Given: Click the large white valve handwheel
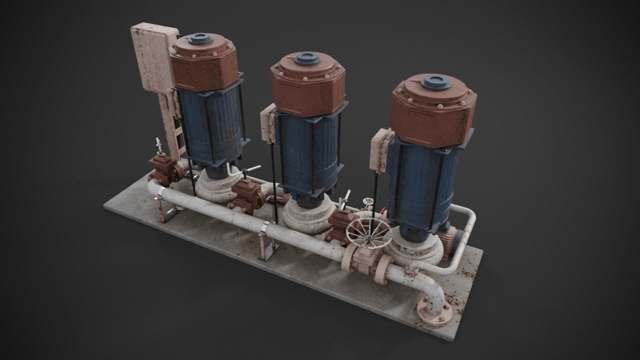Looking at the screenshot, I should click(x=369, y=232).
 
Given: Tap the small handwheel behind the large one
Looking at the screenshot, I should click(x=368, y=202).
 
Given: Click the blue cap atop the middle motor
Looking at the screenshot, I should click(x=306, y=58).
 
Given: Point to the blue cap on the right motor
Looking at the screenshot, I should click(x=435, y=81).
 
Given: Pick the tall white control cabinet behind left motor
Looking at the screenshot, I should click(x=152, y=57).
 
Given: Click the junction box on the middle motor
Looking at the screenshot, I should click(x=268, y=125).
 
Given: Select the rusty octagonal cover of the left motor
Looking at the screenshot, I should click(x=204, y=62).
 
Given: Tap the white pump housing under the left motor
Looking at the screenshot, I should click(x=210, y=188).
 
